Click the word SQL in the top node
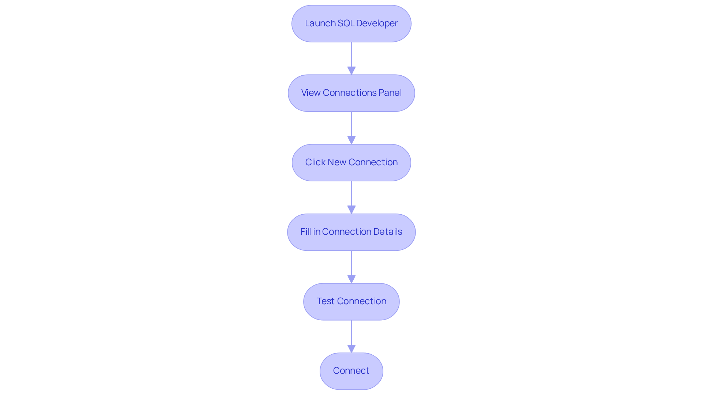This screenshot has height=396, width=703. pyautogui.click(x=345, y=23)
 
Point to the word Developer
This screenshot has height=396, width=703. pyautogui.click(x=377, y=23)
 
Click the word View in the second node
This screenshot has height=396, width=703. pyautogui.click(x=310, y=93)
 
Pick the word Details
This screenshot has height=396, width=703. pyautogui.click(x=388, y=232)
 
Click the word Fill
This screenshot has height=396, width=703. pyautogui.click(x=306, y=232)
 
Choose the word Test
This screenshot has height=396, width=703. pyautogui.click(x=326, y=301)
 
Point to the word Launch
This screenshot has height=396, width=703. pyautogui.click(x=320, y=23)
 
